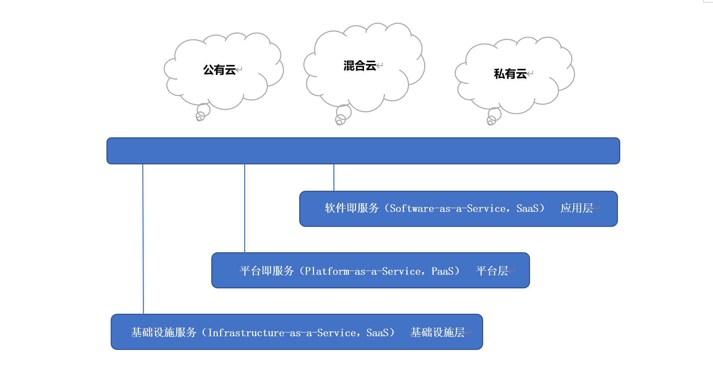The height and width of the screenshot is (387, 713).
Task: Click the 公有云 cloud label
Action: (x=219, y=70)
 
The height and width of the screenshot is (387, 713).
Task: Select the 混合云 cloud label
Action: (x=360, y=66)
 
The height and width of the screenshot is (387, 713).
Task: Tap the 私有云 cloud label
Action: (x=510, y=74)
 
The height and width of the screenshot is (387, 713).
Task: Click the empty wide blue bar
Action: (x=363, y=151)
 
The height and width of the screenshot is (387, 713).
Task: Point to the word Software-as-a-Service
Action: (x=448, y=209)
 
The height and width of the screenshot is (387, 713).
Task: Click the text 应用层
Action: (x=577, y=208)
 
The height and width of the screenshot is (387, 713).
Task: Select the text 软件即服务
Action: (x=352, y=208)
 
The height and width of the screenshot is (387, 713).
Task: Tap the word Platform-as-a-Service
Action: (x=363, y=271)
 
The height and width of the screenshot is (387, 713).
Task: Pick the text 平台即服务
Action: (x=267, y=271)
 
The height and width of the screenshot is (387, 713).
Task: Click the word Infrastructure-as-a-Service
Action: (x=282, y=333)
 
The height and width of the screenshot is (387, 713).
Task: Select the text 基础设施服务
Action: (x=164, y=333)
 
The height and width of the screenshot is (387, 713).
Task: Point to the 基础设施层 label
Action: (x=437, y=333)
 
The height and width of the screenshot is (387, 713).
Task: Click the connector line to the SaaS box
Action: (x=334, y=177)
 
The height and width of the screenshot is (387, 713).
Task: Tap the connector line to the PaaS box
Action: (x=245, y=208)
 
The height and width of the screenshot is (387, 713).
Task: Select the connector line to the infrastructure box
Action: (x=143, y=239)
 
